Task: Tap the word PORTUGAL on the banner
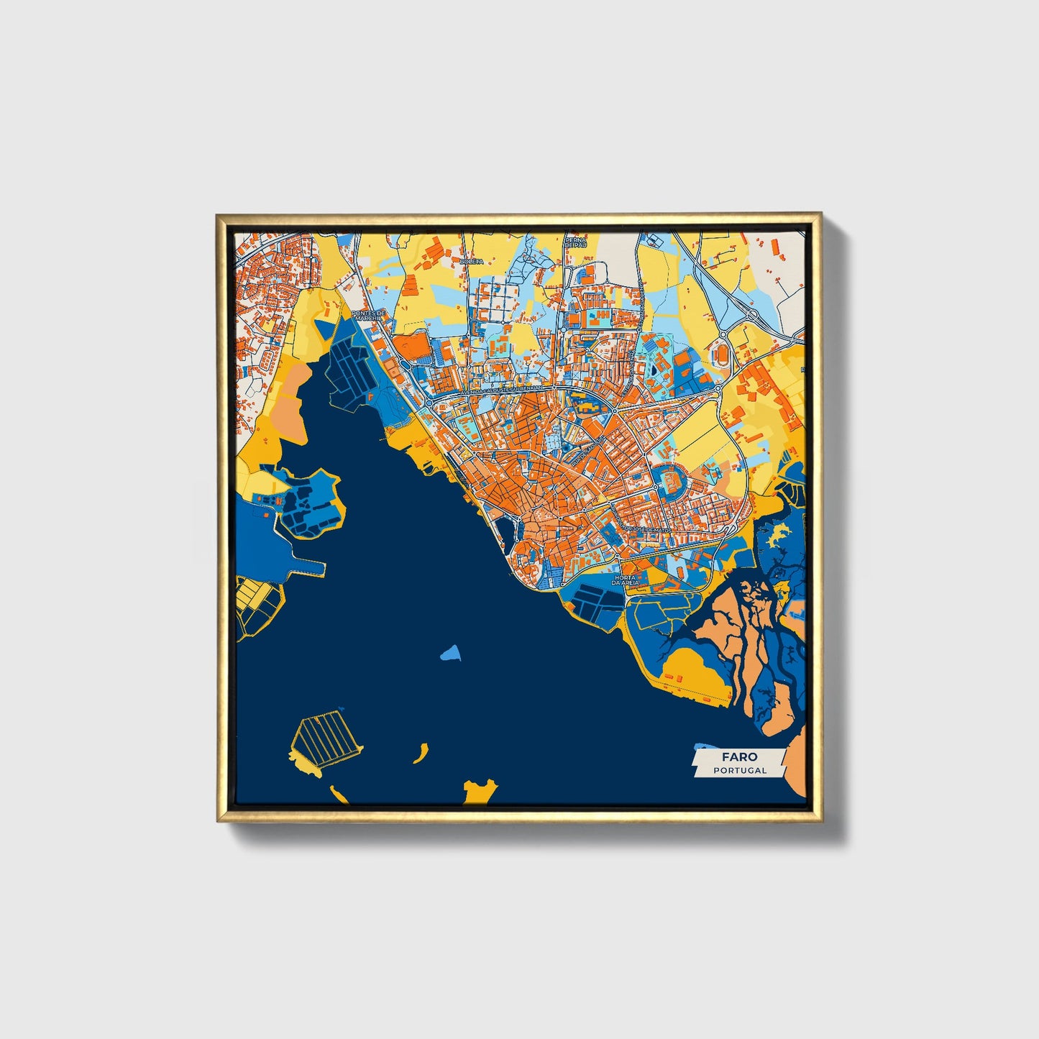point(740,770)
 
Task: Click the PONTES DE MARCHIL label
point(369,317)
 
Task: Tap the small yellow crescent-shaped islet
point(418,754)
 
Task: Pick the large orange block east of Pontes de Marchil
point(410,347)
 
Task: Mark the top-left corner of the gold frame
point(219,216)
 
